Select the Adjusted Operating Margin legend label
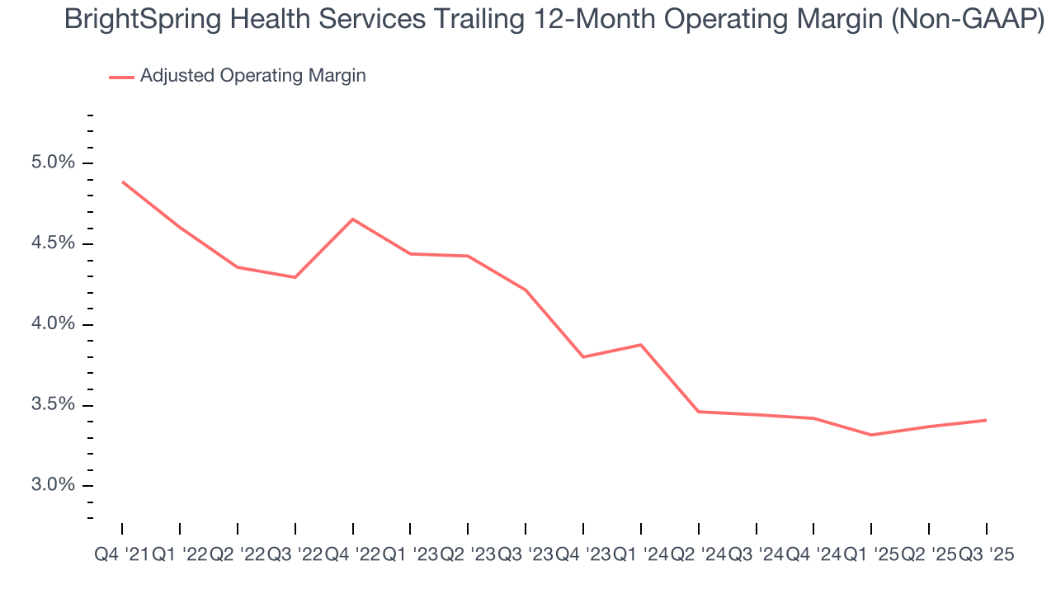(252, 76)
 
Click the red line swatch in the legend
(121, 77)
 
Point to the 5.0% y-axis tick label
(52, 163)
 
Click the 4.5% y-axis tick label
(52, 243)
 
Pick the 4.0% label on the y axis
(52, 324)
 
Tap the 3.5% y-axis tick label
(52, 405)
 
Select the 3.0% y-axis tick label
(52, 485)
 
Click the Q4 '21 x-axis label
(122, 555)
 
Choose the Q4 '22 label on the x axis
(352, 555)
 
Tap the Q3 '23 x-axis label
(526, 555)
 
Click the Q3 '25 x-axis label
(987, 555)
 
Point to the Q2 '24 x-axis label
(699, 555)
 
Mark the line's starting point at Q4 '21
(122, 181)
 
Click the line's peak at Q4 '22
(353, 219)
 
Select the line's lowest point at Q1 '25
(872, 435)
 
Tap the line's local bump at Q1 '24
(641, 345)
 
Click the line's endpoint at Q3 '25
(987, 420)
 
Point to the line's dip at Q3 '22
(295, 277)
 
